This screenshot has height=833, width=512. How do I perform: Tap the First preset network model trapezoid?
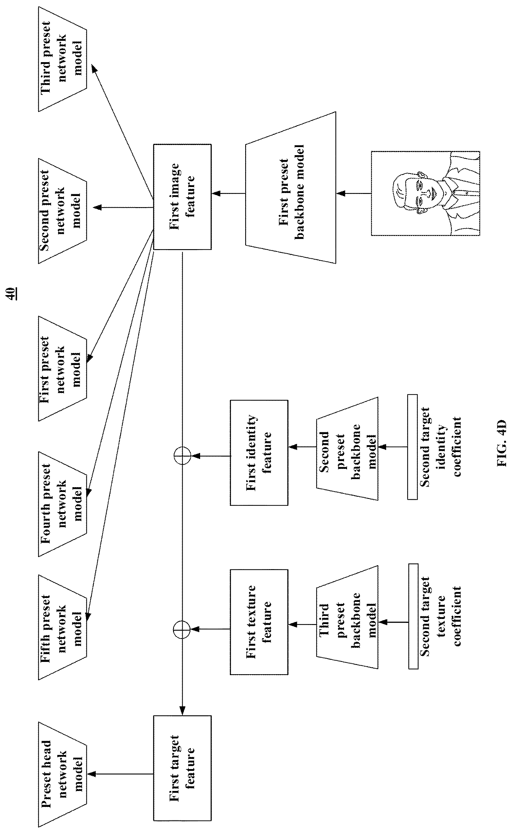click(62, 368)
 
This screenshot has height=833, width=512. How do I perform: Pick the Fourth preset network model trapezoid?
click(62, 504)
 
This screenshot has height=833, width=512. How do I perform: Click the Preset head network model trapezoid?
click(62, 774)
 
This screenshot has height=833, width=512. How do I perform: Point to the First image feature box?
click(182, 197)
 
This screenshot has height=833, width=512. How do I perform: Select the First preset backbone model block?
click(291, 187)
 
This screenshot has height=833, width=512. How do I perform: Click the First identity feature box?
click(259, 452)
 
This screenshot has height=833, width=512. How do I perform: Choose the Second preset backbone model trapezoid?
click(347, 448)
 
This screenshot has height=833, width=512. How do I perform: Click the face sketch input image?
click(425, 193)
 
